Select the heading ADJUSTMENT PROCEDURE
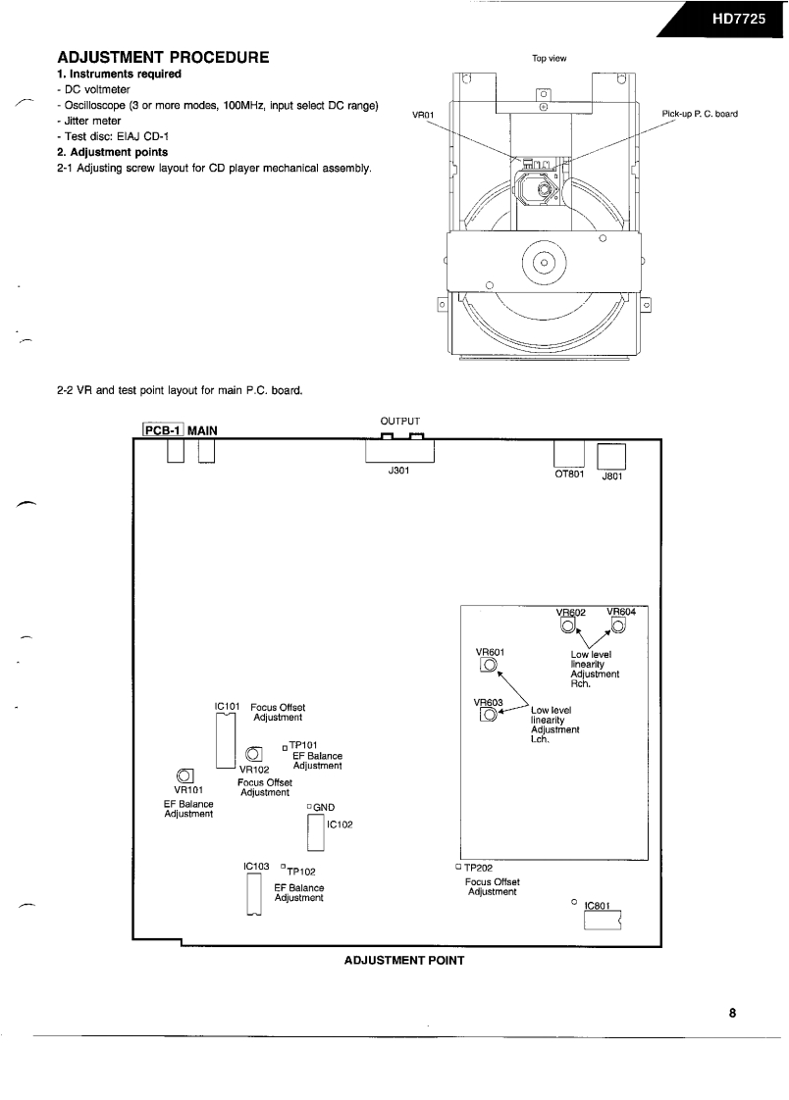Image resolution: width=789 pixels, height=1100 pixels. [x=164, y=59]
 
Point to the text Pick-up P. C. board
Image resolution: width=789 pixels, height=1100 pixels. [x=700, y=114]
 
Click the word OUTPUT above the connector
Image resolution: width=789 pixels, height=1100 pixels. [x=401, y=423]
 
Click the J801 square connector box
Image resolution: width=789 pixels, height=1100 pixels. [x=610, y=457]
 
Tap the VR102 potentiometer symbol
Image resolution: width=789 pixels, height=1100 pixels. [x=254, y=754]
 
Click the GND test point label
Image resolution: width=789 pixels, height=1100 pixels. [x=325, y=807]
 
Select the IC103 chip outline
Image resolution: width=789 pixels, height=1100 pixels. [x=255, y=893]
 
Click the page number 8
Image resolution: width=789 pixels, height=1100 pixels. [x=732, y=1014]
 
